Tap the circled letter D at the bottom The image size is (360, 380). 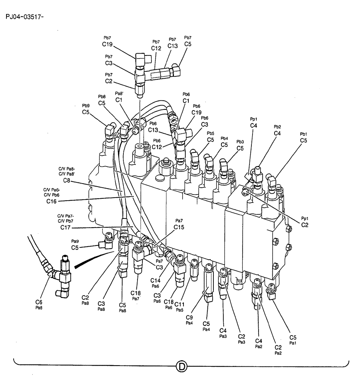pos(182,367)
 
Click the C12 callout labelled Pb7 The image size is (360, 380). pos(156,48)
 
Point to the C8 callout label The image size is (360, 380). pos(68,181)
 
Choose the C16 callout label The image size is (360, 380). pos(51,201)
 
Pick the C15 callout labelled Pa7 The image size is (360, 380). pos(179,227)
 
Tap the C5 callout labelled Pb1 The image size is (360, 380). pos(303,141)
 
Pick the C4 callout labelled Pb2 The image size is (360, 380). pos(277,133)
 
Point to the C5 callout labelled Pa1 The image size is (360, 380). pos(292,337)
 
